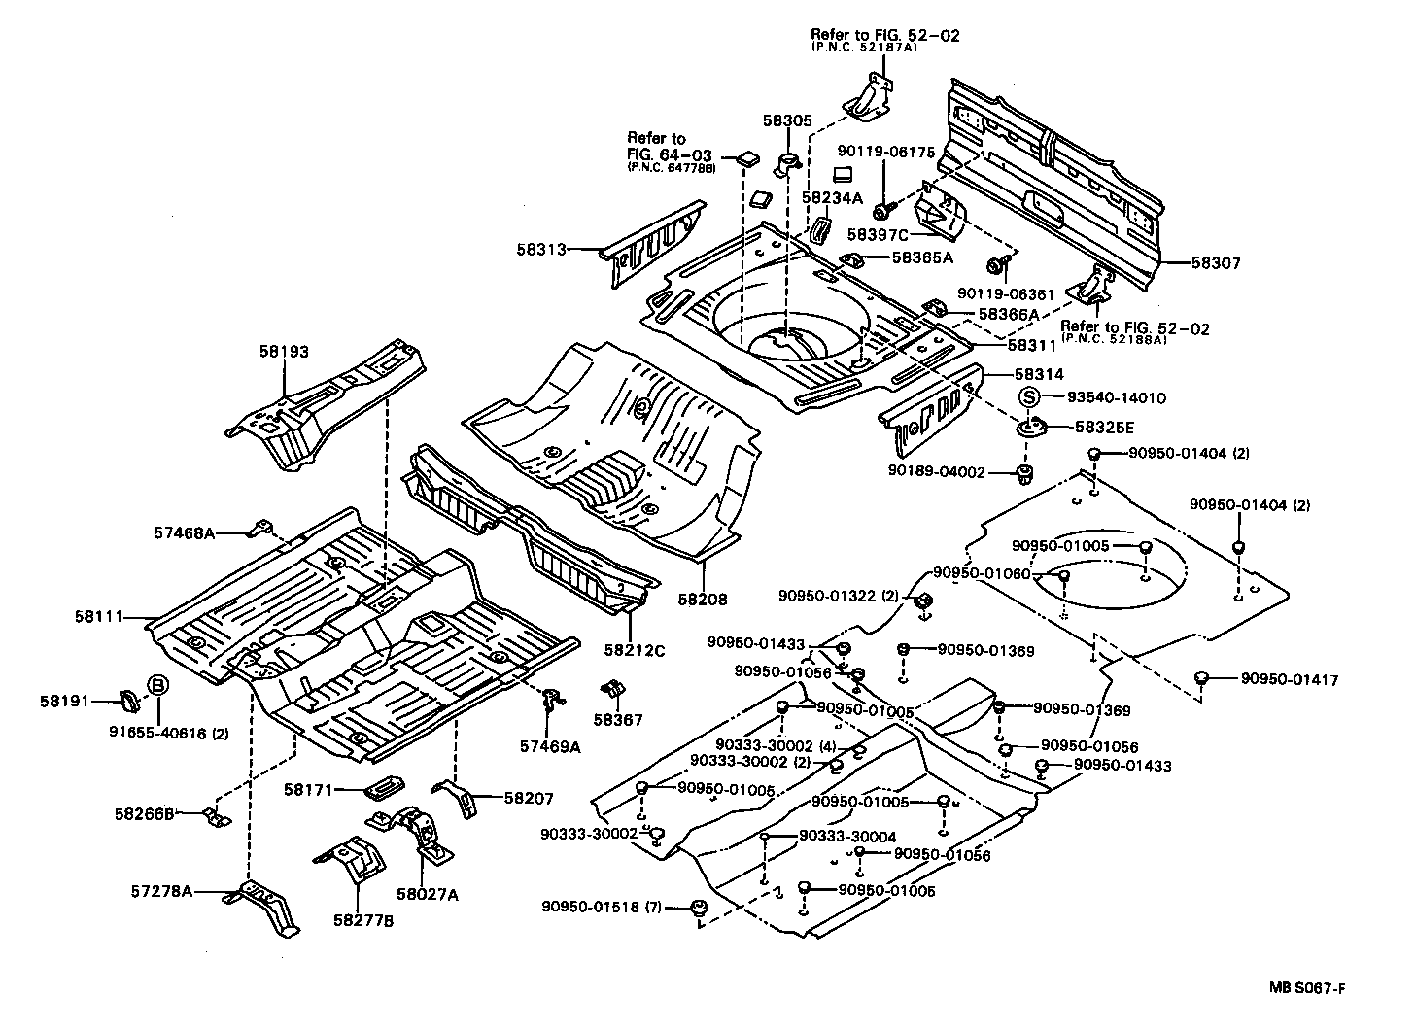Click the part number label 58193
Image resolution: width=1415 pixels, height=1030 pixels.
(284, 352)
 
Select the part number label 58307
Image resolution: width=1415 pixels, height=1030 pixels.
(1215, 263)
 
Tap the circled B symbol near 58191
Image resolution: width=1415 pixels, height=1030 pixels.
(156, 686)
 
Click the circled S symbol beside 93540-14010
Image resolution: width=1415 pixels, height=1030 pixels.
(1029, 397)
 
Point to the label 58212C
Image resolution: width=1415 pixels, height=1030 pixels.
(635, 650)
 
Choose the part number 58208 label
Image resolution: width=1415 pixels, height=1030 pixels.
(703, 601)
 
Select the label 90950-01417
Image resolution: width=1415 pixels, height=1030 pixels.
(1289, 680)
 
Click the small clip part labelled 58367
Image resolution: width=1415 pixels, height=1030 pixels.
(613, 689)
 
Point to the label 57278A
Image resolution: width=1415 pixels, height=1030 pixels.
(161, 890)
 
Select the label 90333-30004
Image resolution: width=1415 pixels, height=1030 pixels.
(847, 837)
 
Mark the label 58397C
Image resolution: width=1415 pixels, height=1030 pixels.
(878, 234)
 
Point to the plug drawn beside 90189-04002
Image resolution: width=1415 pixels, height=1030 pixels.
(1022, 474)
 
